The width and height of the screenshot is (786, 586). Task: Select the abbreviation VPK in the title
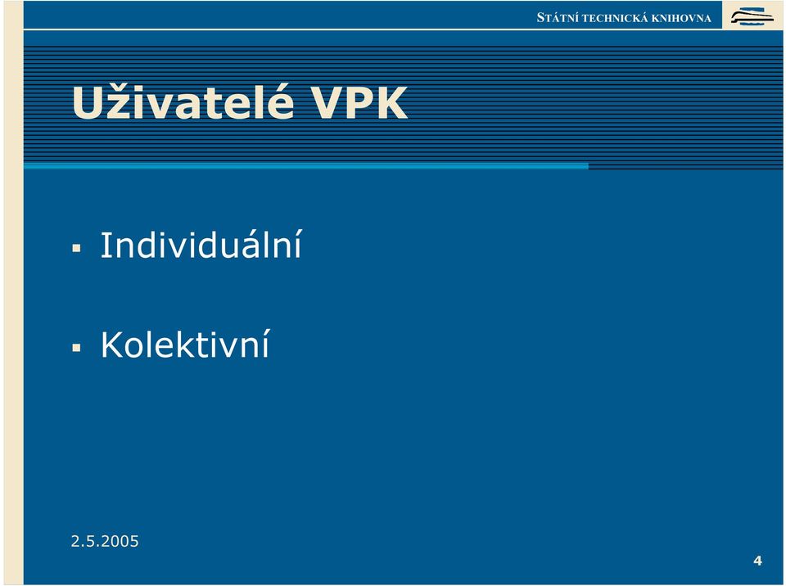point(360,103)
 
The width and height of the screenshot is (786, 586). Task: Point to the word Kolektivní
point(185,344)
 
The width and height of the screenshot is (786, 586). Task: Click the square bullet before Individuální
point(76,248)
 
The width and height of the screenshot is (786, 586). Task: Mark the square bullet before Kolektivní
point(76,347)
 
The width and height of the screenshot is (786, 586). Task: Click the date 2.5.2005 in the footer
point(105,541)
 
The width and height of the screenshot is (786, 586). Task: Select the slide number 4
point(757,561)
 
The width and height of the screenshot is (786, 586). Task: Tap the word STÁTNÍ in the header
point(558,17)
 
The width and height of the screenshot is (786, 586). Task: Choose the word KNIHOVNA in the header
point(681,19)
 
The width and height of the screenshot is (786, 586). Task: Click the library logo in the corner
point(752,16)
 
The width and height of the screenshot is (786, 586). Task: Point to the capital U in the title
point(88,103)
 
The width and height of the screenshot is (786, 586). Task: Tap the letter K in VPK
point(391,103)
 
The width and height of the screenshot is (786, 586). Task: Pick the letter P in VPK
point(358,103)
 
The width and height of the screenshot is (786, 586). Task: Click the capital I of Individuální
point(104,245)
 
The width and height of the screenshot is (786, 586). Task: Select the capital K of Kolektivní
point(112,345)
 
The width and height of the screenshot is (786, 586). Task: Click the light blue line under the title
point(305,166)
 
